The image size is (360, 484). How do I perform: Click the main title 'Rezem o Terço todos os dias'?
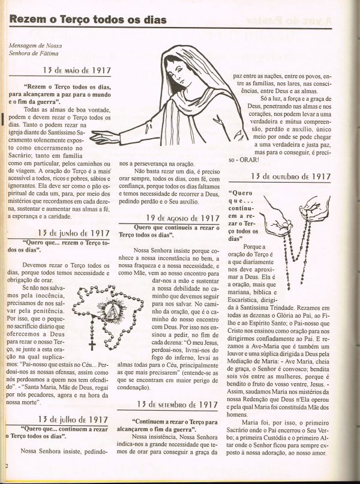coord(88,20)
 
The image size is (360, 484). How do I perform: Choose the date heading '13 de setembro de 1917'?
coord(178,405)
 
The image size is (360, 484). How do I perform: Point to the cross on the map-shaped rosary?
coord(92,344)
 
